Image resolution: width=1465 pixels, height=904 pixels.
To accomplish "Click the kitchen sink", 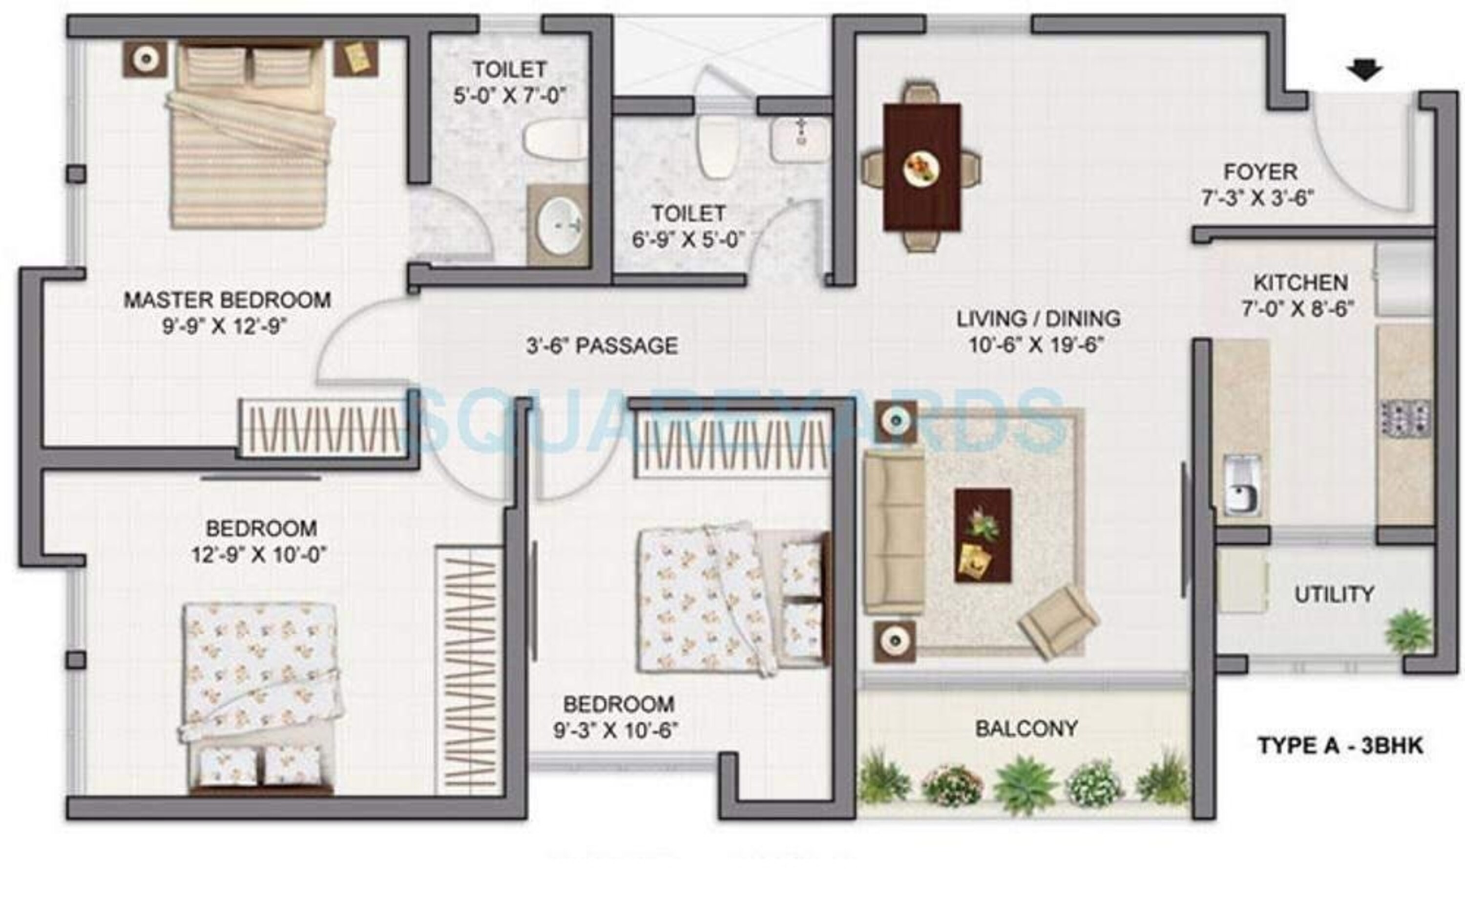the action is (1243, 484).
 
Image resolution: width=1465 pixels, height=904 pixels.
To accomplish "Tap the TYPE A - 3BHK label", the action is (1340, 746).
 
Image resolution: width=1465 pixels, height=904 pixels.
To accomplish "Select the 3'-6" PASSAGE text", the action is (602, 345).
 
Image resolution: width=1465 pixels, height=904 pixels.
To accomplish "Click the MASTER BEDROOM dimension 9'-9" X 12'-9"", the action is (225, 326).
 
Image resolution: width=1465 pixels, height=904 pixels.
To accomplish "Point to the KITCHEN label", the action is (1300, 282).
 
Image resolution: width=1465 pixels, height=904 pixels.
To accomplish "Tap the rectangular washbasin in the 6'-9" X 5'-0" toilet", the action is (799, 139).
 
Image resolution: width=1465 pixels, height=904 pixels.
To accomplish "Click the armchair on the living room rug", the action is (1058, 621).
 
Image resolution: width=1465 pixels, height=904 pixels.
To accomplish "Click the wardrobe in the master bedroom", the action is (323, 429).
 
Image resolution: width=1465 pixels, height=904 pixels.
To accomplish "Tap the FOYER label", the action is (1260, 172).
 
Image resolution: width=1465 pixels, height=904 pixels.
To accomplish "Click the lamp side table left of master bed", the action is (145, 59).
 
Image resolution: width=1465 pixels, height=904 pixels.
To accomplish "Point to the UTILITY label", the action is (1334, 594).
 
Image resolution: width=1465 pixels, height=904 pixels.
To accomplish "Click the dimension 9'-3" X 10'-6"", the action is (616, 730).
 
